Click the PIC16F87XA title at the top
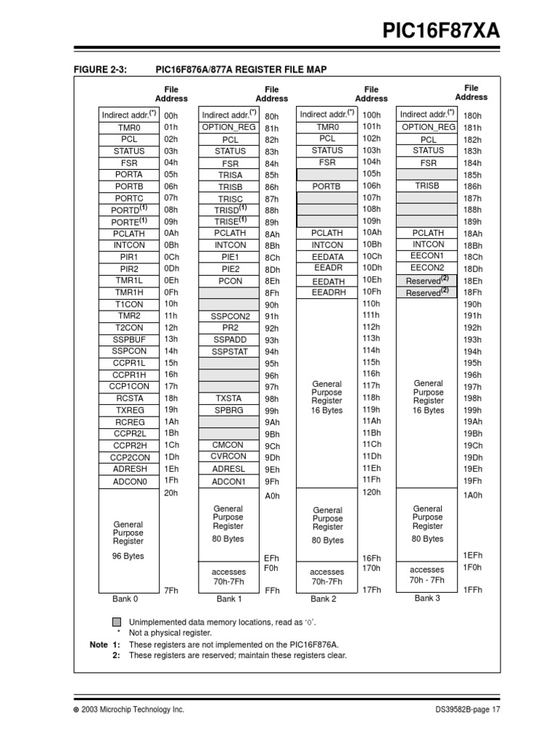442,32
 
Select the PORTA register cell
128,174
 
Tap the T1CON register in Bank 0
128,304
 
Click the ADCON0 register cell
128,481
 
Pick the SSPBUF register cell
128,339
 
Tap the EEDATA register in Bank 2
328,256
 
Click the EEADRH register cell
328,292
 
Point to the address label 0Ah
171,233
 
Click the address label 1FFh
472,591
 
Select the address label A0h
272,496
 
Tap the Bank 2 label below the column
323,599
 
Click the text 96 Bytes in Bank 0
128,557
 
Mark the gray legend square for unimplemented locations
117,623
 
